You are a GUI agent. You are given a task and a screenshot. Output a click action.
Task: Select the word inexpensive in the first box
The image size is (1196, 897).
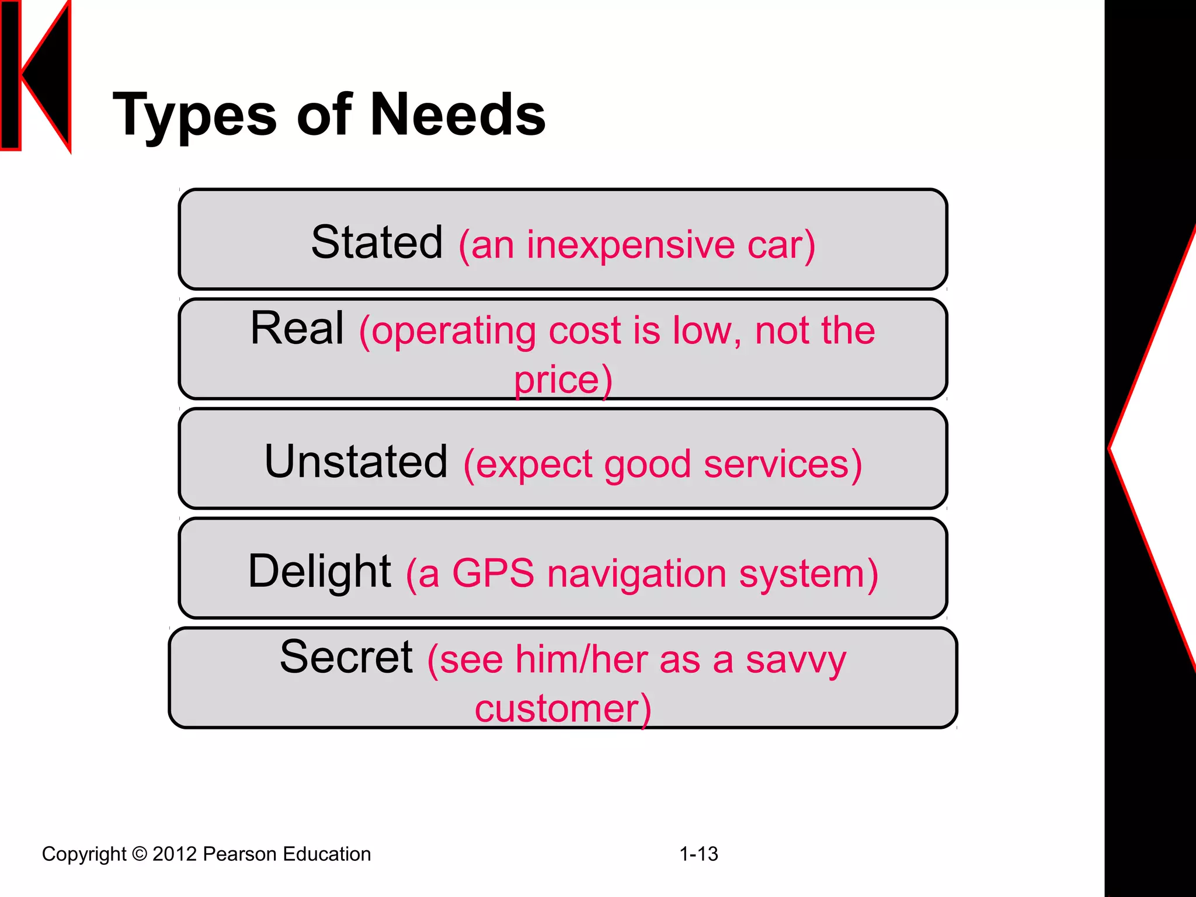[x=631, y=245]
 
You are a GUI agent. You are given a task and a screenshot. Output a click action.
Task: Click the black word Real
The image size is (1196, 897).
[x=297, y=329]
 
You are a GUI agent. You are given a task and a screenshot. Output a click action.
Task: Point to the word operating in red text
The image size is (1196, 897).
[x=454, y=332]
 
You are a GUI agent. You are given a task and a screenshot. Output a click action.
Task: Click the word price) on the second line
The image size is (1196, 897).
[x=563, y=380]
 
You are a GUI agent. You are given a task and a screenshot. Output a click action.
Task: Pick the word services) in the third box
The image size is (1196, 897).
[x=783, y=464]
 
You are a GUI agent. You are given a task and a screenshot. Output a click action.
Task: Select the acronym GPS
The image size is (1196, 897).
[x=493, y=573]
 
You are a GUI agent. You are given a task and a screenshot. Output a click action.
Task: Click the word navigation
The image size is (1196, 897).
[x=637, y=575]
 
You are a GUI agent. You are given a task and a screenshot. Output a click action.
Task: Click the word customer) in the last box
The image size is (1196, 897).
[x=563, y=709]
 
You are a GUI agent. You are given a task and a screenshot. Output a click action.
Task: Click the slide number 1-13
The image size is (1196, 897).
[x=698, y=854]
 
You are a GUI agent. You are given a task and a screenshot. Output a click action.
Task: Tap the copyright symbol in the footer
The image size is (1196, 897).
[x=139, y=854]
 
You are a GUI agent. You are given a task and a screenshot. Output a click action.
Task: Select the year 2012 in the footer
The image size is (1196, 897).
[x=174, y=854]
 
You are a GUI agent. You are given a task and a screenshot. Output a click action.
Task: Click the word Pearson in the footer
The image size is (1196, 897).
[x=240, y=854]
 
